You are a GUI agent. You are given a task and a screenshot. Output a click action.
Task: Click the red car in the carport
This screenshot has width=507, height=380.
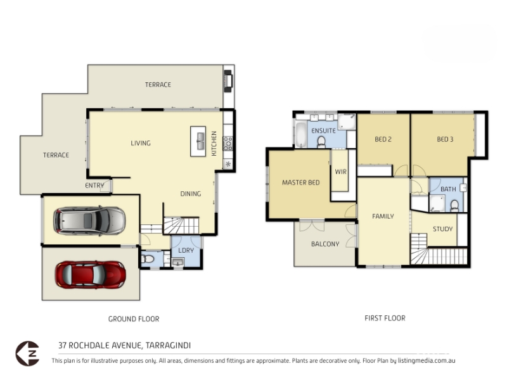pyautogui.click(x=90, y=275)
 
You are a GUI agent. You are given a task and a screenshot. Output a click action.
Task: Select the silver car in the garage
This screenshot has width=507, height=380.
pyautogui.click(x=89, y=220)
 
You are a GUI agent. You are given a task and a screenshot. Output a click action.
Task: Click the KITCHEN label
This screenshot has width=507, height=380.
pyautogui.click(x=214, y=144)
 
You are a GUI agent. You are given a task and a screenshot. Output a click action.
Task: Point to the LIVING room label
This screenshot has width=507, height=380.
pyautogui.click(x=141, y=143)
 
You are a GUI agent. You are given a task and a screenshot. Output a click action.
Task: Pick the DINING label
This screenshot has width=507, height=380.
pyautogui.click(x=191, y=194)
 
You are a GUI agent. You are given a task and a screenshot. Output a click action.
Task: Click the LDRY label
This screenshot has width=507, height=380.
pyautogui.click(x=186, y=250)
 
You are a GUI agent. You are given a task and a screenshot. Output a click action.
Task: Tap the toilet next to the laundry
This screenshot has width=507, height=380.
pyautogui.click(x=148, y=259)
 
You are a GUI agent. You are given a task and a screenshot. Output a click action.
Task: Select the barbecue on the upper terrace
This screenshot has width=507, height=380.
pyautogui.click(x=228, y=81)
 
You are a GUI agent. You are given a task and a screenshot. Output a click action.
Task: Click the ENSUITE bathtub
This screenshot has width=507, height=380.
pyautogui.click(x=300, y=135)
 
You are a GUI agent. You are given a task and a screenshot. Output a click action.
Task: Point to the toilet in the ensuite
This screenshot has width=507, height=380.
pyautogui.click(x=321, y=142)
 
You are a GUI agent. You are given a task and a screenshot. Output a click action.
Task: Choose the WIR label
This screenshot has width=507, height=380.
pyautogui.click(x=341, y=172)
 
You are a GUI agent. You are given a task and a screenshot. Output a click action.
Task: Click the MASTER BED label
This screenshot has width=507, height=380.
pyautogui.click(x=300, y=182)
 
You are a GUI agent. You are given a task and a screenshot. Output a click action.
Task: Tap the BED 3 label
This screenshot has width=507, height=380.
pyautogui.click(x=445, y=139)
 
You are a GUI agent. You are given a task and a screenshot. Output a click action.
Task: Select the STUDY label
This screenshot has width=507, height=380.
pyautogui.click(x=442, y=229)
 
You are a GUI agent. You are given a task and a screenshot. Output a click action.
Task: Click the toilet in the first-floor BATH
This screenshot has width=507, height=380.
pyautogui.click(x=454, y=206)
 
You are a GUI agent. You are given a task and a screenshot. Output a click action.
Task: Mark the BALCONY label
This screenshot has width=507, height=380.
pyautogui.click(x=325, y=244)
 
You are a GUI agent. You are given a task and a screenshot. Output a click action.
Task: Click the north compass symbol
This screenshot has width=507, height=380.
pyautogui.click(x=27, y=353)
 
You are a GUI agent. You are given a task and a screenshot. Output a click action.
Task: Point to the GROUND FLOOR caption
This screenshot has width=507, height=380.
pyautogui.click(x=134, y=319)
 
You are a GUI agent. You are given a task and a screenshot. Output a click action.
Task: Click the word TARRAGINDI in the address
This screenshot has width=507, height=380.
pyautogui.click(x=168, y=345)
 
